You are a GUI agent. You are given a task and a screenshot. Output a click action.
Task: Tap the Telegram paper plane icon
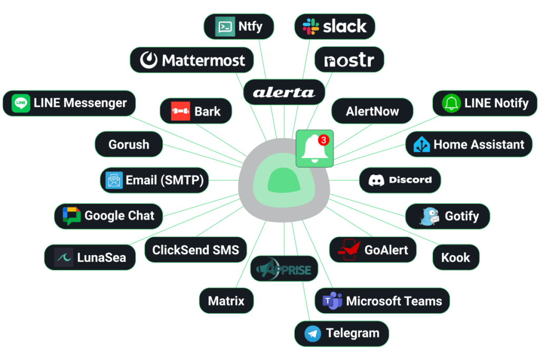[x=313, y=333]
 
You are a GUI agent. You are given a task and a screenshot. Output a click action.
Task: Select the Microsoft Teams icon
[x=333, y=301]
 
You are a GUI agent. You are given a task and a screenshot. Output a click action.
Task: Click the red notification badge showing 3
[x=324, y=140]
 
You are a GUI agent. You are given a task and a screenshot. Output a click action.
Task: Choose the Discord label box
[x=400, y=180]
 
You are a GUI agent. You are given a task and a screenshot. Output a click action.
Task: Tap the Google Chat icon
[x=72, y=216]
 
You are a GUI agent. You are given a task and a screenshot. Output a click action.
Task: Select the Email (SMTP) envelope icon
[x=114, y=181]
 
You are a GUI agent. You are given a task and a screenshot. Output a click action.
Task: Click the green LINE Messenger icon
[x=21, y=103]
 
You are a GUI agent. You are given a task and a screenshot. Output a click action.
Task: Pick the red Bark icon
[x=180, y=111]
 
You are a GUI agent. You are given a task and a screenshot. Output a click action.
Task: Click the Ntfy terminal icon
[x=225, y=26]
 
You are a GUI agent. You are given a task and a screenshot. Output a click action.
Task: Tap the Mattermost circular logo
[x=149, y=60]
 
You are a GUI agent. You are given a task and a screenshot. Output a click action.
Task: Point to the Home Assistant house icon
[x=422, y=144]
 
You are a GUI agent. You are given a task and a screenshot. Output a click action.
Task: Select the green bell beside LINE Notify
[x=451, y=103]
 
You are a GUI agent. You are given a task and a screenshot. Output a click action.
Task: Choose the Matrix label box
[x=226, y=301]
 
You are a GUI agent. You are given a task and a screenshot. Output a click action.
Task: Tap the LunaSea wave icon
[x=64, y=258]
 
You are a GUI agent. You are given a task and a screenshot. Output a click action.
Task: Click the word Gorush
[x=129, y=144]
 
